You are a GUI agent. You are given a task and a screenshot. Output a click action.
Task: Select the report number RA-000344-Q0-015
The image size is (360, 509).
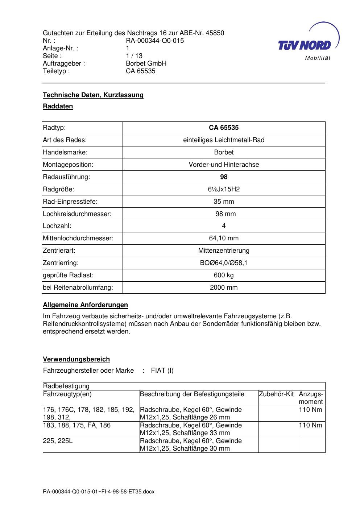(x=155, y=41)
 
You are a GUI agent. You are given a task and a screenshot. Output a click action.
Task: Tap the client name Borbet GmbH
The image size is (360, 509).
(x=146, y=63)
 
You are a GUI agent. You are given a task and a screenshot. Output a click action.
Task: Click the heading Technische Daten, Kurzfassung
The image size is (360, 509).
(x=93, y=95)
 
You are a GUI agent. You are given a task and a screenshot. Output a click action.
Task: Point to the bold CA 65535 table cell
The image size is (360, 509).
(x=224, y=128)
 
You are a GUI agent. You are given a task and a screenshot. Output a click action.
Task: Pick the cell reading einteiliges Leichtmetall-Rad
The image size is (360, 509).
(x=224, y=140)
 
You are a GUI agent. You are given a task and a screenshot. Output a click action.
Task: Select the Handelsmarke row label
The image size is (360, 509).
(x=65, y=152)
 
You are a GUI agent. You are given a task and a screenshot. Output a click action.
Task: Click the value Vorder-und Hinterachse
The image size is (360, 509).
(x=224, y=165)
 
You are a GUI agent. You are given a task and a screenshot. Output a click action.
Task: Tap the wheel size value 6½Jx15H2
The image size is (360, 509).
(x=224, y=189)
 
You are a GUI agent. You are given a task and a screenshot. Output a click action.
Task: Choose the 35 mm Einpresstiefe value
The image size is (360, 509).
(x=224, y=202)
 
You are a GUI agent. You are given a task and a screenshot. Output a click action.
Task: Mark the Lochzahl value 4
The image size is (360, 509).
(x=224, y=226)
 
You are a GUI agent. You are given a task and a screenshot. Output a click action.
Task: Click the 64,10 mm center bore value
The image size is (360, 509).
(x=224, y=238)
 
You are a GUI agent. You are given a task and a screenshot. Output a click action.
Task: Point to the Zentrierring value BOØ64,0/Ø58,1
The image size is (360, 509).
(x=224, y=263)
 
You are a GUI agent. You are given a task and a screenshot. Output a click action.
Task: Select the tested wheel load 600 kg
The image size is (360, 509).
(x=224, y=275)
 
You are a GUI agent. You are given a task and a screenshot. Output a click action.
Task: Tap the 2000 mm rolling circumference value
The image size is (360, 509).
(x=224, y=287)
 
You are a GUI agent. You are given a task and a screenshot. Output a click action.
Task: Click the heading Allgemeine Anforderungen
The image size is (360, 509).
(x=85, y=305)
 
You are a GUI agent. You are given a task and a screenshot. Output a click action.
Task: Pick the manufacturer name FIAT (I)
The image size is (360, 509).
(x=162, y=371)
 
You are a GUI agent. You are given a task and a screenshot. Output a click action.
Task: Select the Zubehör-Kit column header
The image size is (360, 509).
(x=276, y=394)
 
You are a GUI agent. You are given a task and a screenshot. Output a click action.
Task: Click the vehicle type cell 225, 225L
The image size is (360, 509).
(x=58, y=441)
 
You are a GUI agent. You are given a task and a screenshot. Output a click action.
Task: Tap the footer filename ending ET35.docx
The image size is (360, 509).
(x=99, y=492)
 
